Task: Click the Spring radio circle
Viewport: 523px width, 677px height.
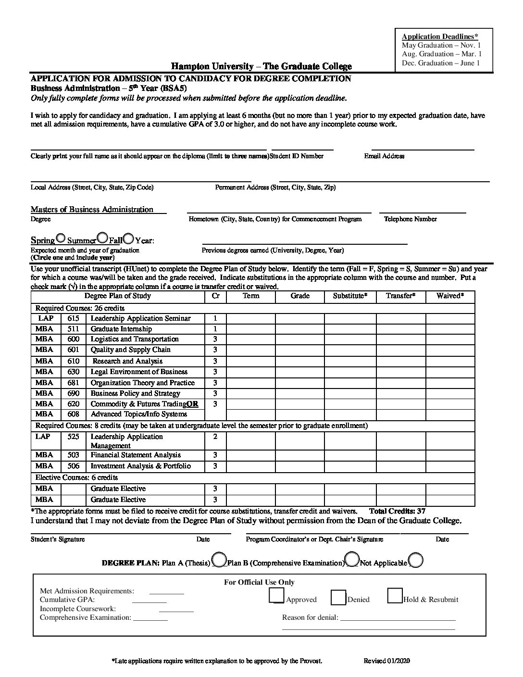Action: point(61,238)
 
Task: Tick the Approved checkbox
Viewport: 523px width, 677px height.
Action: point(276,596)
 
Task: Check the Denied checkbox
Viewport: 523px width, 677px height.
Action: point(338,597)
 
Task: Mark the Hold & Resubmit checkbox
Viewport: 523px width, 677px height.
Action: point(395,596)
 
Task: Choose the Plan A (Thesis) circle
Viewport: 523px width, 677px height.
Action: point(219,559)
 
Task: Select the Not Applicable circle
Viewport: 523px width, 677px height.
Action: point(416,560)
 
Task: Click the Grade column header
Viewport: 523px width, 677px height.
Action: point(300,296)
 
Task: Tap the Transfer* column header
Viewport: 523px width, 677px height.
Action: point(400,296)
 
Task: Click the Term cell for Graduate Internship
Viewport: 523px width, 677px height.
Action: point(250,329)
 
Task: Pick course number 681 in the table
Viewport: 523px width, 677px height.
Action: point(73,383)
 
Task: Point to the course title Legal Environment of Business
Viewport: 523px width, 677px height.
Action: point(139,372)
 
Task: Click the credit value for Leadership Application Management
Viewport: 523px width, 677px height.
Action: point(215,437)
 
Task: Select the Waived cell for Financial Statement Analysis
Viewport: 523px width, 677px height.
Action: point(450,455)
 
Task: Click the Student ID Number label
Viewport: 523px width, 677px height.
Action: point(297,156)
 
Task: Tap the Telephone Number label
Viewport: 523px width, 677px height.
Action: point(410,219)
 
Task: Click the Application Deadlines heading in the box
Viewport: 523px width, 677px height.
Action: point(440,37)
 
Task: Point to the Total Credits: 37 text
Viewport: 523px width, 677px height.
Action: point(397,511)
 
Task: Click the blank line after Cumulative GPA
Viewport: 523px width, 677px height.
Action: point(149,602)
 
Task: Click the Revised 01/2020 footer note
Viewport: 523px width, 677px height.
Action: point(386,661)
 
